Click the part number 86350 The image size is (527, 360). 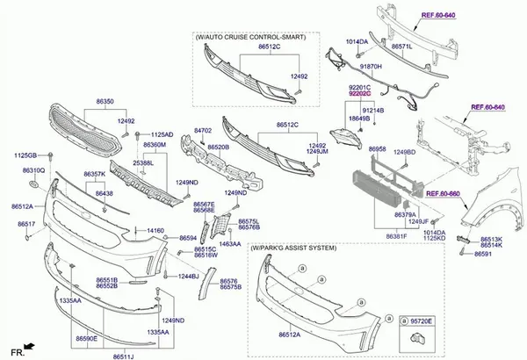[104, 102]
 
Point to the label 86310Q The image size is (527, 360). [33, 169]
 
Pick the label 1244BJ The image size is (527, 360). [189, 277]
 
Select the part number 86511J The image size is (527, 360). [125, 356]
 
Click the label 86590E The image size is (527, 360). [86, 338]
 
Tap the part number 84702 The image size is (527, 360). [203, 129]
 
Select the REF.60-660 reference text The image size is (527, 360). [444, 193]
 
